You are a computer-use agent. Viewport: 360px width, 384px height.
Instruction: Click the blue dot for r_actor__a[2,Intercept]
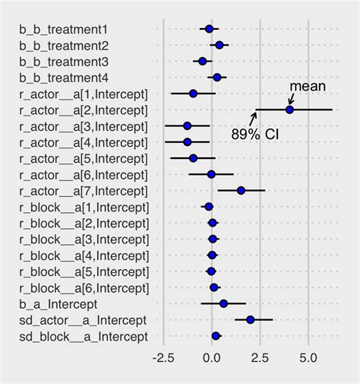pyautogui.click(x=289, y=109)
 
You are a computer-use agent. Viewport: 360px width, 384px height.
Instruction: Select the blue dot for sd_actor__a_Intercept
pyautogui.click(x=250, y=319)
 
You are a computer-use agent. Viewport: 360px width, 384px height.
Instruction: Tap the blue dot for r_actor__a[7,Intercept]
pyautogui.click(x=241, y=190)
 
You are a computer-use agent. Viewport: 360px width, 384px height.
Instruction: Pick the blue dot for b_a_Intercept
pyautogui.click(x=223, y=303)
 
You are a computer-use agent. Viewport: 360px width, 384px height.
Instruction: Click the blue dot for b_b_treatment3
pyautogui.click(x=202, y=61)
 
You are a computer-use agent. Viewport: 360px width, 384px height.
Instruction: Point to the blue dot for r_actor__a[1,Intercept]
pyautogui.click(x=193, y=94)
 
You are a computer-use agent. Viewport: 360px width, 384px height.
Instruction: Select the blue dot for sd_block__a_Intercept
pyautogui.click(x=216, y=335)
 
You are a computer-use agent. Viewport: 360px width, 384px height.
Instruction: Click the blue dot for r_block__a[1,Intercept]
pyautogui.click(x=209, y=207)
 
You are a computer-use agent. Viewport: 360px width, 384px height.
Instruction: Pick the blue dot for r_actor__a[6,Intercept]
pyautogui.click(x=211, y=174)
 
